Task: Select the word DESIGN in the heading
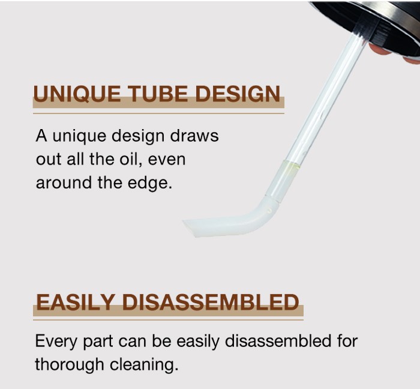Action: tap(238, 94)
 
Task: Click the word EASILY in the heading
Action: tap(76, 302)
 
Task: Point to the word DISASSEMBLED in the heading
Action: tap(211, 302)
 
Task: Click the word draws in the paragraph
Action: tap(194, 136)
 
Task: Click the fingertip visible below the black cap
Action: tap(379, 50)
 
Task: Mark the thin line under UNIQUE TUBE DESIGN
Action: tap(158, 113)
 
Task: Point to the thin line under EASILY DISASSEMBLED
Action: tap(168, 319)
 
